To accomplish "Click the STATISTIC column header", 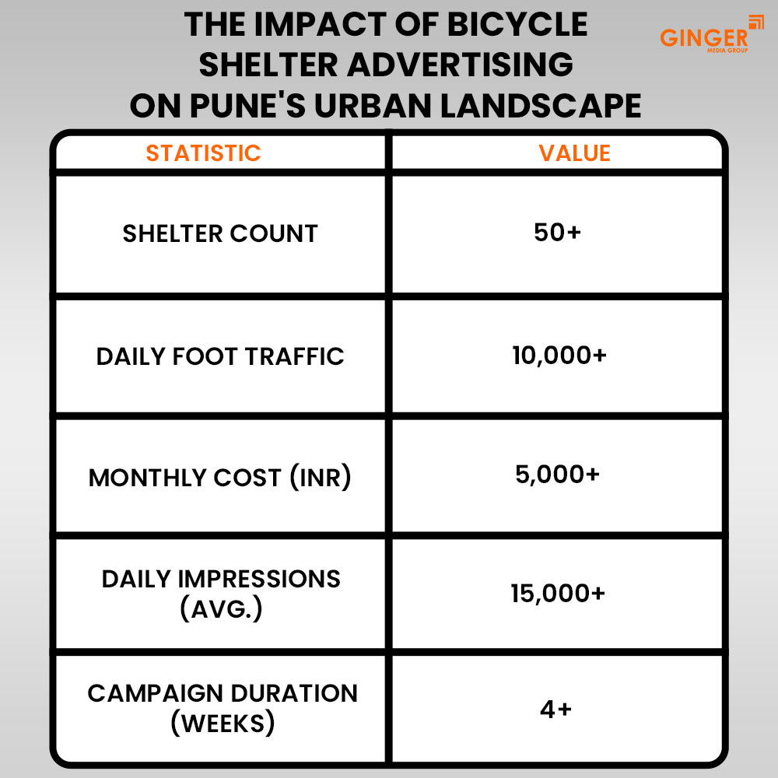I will pos(203,152).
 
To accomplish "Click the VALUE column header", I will pos(574,152).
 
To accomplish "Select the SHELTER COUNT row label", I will pos(220,233).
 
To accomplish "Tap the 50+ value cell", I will pos(558,233).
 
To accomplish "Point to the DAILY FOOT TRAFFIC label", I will pos(220,356).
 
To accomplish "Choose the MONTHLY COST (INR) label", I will pos(220,477).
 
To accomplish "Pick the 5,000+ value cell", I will pos(558,475).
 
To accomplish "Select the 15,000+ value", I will pos(558,594).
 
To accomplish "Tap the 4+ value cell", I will pos(556,710).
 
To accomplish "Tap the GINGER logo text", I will pos(703,37).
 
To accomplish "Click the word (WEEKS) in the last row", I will pos(223,724).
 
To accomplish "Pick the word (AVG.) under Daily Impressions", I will pos(221,608).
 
